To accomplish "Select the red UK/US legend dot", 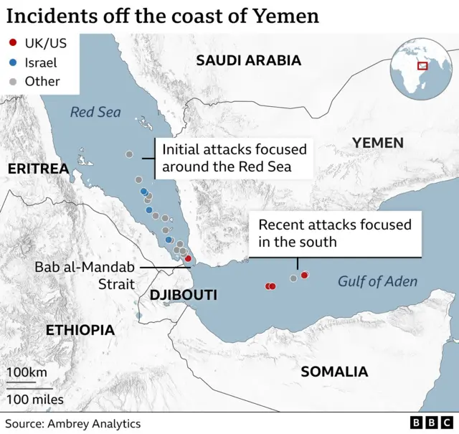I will tap(12, 44).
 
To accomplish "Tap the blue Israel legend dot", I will tap(12, 63).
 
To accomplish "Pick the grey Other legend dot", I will tap(12, 82).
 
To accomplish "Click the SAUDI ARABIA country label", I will tap(249, 60).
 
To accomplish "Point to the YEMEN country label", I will tap(377, 143).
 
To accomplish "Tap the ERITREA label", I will tap(37, 169).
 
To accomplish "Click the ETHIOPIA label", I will tap(80, 330).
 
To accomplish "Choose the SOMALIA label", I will tap(334, 372).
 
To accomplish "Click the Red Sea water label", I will tap(95, 112).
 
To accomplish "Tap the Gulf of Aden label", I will tap(377, 281).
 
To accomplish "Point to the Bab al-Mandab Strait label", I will tap(85, 275).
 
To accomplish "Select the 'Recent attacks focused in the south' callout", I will tap(335, 233).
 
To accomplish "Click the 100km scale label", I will tap(27, 372).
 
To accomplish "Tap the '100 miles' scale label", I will tap(35, 399).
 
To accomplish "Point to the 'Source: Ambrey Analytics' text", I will tap(73, 423).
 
